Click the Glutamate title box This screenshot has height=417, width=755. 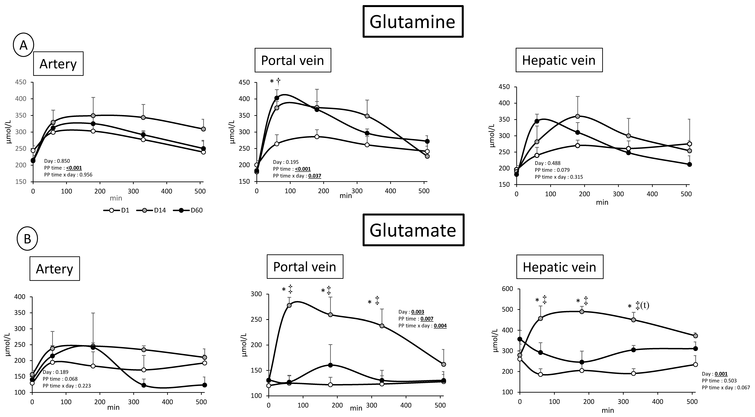[413, 230]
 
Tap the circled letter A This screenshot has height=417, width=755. [23, 45]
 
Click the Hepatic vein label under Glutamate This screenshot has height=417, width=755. [559, 267]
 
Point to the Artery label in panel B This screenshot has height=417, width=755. [55, 269]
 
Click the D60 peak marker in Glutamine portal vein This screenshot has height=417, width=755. [277, 98]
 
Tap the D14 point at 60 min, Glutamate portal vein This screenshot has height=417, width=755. [289, 305]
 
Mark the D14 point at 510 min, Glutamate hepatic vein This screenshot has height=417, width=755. [693, 336]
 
